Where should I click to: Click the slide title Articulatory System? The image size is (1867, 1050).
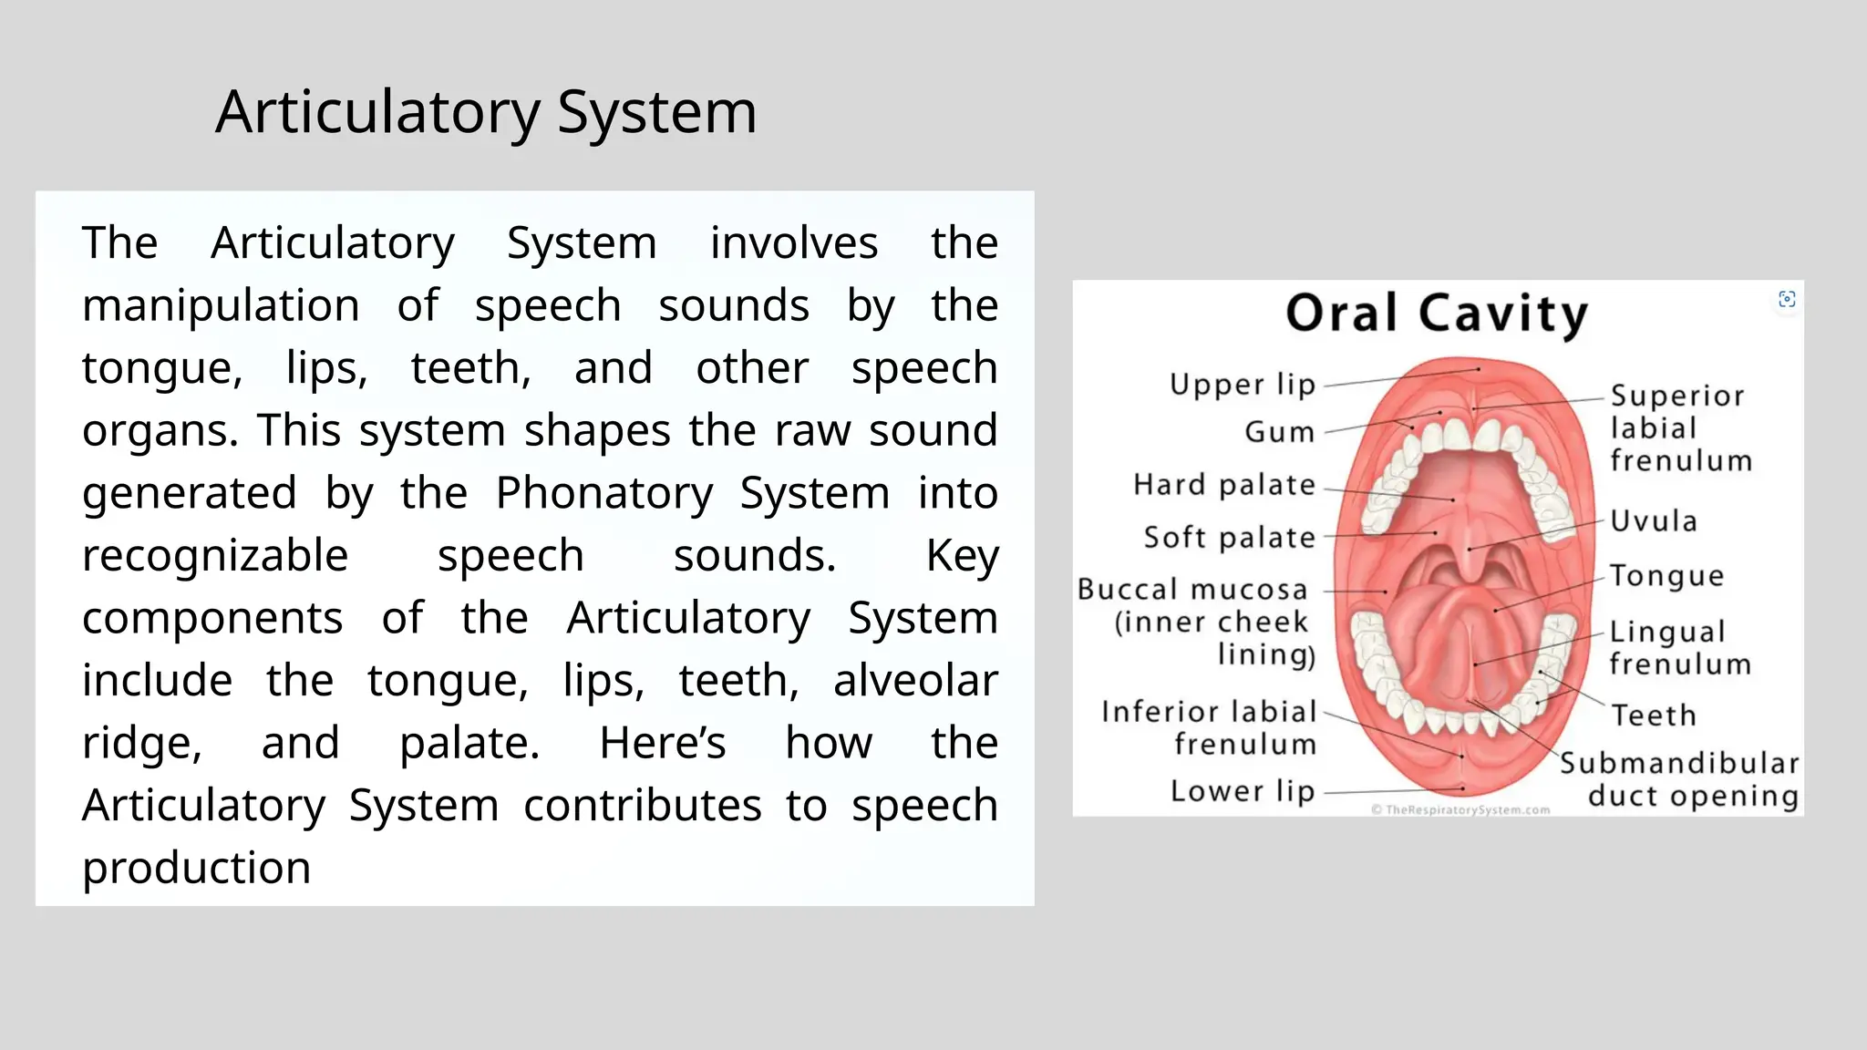[x=485, y=112]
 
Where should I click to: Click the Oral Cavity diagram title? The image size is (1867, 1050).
[x=1437, y=314]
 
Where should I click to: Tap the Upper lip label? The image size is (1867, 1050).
[x=1243, y=385]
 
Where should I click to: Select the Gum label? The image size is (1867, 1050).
[x=1280, y=432]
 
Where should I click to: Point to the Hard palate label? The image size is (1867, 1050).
[x=1224, y=485]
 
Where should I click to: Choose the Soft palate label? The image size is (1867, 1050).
[x=1230, y=538]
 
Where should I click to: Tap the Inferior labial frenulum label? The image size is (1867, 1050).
[x=1210, y=727]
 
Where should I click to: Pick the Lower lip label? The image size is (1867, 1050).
[x=1243, y=791]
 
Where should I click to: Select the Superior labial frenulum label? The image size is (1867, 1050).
[x=1680, y=428]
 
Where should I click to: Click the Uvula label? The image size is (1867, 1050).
[x=1654, y=521]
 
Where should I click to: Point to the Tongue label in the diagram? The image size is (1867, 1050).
[x=1666, y=576]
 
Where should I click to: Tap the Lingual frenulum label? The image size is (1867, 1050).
[x=1679, y=647]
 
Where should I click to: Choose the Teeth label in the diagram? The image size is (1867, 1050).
[x=1654, y=715]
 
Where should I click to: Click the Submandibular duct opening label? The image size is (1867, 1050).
[x=1680, y=779]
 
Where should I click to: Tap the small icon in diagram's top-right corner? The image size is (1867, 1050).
[x=1787, y=299]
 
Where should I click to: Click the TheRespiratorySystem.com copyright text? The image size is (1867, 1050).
[x=1460, y=809]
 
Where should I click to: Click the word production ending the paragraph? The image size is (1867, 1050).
[x=196, y=868]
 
